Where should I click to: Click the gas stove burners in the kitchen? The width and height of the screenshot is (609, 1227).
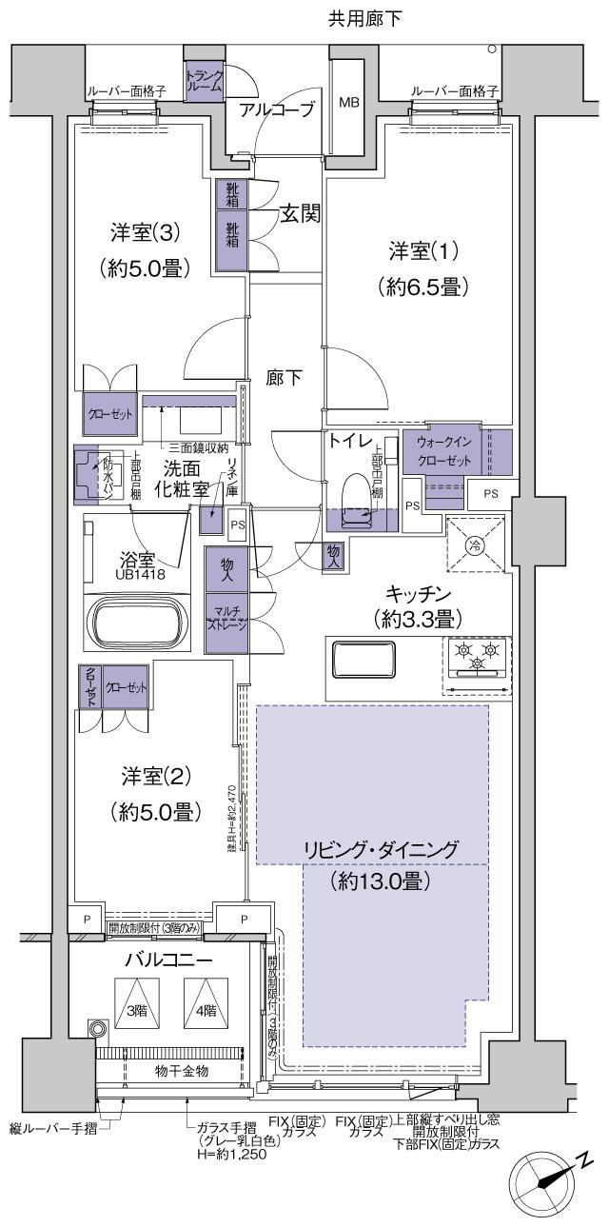click(477, 657)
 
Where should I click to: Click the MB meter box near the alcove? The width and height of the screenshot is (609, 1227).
click(349, 102)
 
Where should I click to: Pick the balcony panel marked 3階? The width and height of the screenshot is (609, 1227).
click(138, 1013)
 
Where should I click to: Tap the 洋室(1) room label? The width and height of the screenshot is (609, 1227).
click(423, 252)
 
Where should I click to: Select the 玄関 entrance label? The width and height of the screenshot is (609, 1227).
click(299, 214)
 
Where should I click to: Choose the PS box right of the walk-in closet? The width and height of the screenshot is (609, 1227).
click(489, 493)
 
